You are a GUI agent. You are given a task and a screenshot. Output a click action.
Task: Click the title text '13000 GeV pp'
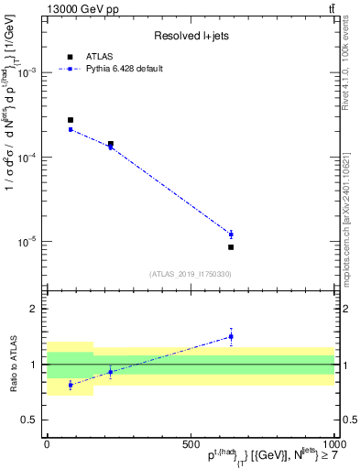pyautogui.click(x=79, y=9)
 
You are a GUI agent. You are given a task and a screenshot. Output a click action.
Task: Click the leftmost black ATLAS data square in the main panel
pyautogui.click(x=71, y=120)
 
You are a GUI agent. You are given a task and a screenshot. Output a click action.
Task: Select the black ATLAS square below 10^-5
pyautogui.click(x=231, y=247)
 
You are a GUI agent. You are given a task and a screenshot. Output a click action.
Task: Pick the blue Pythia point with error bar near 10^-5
pyautogui.click(x=231, y=234)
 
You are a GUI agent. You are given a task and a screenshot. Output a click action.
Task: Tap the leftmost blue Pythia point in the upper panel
pyautogui.click(x=71, y=129)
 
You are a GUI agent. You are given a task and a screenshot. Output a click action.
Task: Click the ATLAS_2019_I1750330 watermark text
pyautogui.click(x=190, y=274)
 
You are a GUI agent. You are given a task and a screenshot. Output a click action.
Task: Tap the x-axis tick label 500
pyautogui.click(x=191, y=442)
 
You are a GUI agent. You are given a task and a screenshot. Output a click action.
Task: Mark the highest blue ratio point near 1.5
pyautogui.click(x=231, y=336)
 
